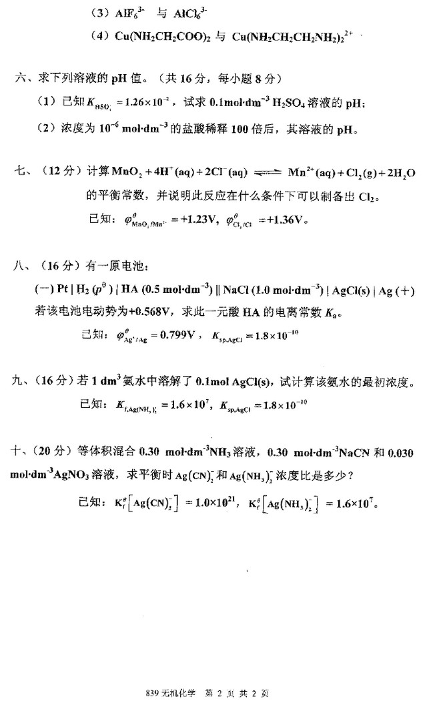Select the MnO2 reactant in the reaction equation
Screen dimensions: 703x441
click(x=119, y=173)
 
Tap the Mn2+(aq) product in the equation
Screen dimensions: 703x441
click(x=308, y=173)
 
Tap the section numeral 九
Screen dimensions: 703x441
click(x=21, y=382)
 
